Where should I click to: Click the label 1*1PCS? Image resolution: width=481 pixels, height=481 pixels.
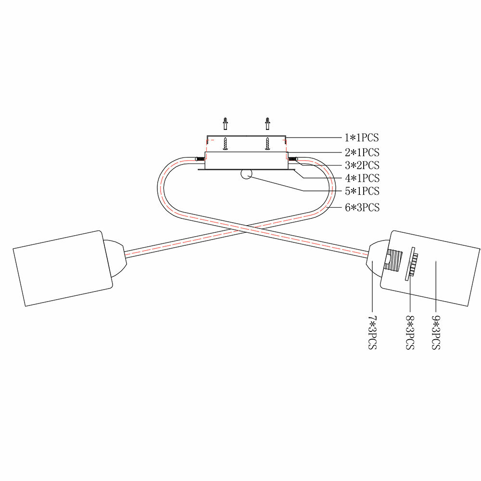point(362,138)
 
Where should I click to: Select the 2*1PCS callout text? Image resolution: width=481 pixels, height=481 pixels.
point(362,152)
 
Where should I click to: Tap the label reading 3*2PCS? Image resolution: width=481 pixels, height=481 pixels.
point(362,165)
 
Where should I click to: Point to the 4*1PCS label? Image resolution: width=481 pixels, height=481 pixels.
point(362,178)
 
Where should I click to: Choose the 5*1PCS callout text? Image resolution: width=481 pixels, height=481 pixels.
point(362,191)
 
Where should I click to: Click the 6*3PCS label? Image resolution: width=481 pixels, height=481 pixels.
point(362,208)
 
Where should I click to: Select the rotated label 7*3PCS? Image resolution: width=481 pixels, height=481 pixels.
point(372,332)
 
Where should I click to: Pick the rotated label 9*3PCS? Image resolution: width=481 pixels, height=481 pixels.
point(436,332)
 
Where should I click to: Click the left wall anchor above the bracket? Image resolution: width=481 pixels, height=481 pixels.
point(225,124)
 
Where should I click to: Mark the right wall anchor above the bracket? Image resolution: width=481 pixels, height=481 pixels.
point(267,124)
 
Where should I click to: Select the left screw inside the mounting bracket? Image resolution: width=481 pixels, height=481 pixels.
point(225,144)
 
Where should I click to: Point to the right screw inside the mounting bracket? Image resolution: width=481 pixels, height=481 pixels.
point(267,144)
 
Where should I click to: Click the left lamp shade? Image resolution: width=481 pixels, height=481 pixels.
point(63,268)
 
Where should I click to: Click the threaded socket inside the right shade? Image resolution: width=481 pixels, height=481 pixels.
point(395,264)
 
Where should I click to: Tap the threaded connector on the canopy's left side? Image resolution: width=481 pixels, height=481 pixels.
point(199,158)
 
